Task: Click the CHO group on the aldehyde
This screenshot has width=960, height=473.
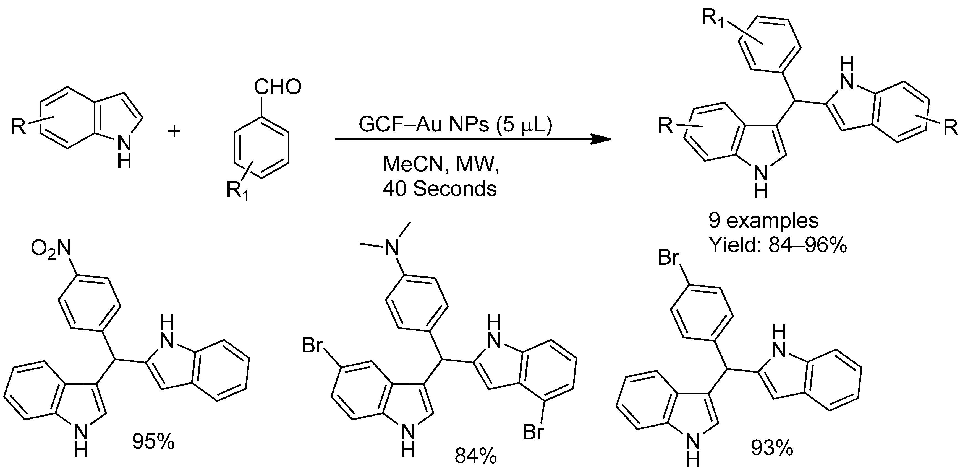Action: point(278,87)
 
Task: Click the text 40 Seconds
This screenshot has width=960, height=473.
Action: point(440,189)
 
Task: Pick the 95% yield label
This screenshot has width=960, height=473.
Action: point(153,442)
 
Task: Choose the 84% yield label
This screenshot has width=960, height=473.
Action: point(475,456)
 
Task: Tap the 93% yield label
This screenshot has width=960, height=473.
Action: point(772,448)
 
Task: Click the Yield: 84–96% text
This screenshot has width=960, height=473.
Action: point(777,245)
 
